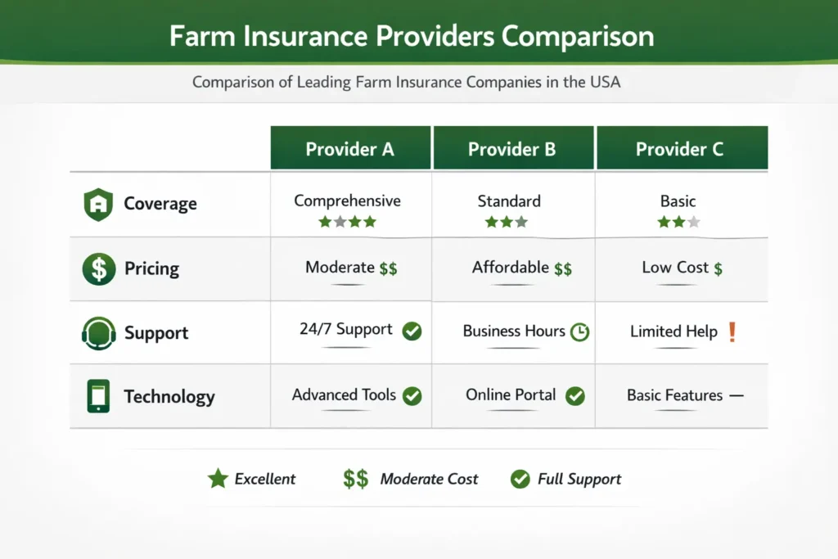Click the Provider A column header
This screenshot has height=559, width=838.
pos(350,149)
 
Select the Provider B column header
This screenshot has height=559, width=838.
pos(512,149)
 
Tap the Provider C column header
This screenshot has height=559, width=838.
pos(682,149)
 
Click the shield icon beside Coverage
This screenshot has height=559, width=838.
pos(97,204)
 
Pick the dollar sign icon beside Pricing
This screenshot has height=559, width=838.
pos(98,268)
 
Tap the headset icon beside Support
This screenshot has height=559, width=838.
pos(98,333)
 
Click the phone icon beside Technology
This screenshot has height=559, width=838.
pos(98,397)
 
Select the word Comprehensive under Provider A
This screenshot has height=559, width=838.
pos(347,201)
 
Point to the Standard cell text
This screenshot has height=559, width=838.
pos(509,201)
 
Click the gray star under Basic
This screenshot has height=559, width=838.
pos(694,222)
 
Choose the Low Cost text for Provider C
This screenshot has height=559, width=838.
pos(674,268)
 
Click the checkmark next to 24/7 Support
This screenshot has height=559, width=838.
pos(412,331)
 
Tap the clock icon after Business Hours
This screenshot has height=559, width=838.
pos(579,332)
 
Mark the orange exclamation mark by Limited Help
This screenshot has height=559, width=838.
pos(732,331)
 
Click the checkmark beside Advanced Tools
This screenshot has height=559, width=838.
pos(412,396)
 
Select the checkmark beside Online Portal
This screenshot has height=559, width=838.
pos(575,396)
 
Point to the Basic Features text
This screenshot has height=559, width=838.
pos(674,395)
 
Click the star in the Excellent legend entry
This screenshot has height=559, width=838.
pos(218,479)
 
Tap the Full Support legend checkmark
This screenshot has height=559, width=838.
pos(520,480)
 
